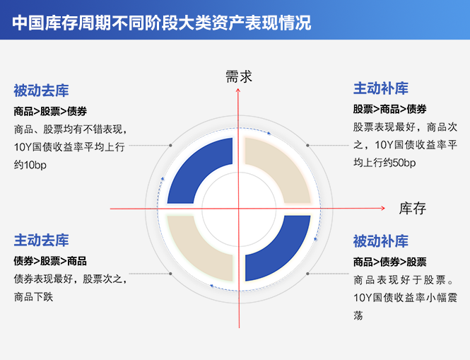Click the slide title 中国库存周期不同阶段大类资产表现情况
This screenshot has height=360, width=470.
(162, 23)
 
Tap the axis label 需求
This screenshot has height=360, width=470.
(239, 76)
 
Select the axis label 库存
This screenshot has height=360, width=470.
(413, 208)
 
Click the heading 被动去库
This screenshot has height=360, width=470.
(41, 91)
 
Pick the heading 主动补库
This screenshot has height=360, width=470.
(381, 88)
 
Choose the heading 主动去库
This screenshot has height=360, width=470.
(41, 240)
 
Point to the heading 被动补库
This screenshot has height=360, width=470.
(381, 241)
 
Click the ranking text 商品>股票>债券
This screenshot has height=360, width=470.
(50, 111)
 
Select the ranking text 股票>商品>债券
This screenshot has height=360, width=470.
(389, 109)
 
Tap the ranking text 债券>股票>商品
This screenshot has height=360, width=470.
(50, 261)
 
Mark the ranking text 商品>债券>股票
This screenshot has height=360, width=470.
(389, 262)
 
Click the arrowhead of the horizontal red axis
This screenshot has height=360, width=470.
(383, 208)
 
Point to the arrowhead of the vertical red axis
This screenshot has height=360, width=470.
(238, 91)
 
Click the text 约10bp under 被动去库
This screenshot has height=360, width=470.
(30, 165)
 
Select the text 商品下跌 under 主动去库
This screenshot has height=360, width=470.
(33, 297)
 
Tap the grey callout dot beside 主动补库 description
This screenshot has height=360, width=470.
(307, 146)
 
